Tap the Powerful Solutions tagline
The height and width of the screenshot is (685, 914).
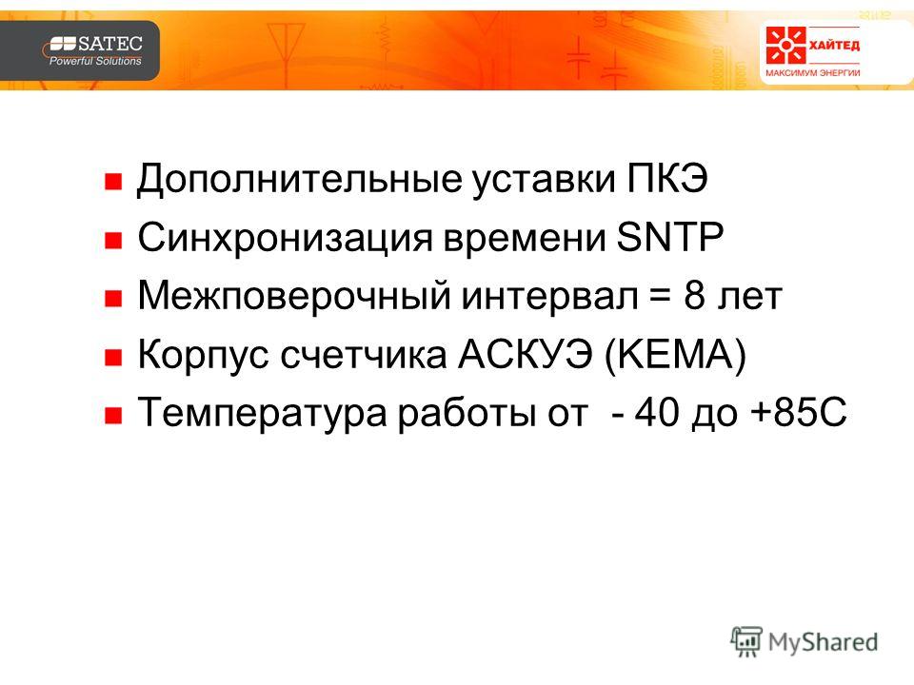tap(95, 61)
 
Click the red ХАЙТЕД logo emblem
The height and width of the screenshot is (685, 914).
tap(785, 45)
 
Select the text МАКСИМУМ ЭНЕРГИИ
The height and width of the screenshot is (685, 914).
tap(812, 73)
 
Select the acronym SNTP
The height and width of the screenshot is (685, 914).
tap(669, 237)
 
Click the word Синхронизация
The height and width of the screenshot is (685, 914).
tap(285, 238)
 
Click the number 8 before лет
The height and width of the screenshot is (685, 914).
tap(694, 295)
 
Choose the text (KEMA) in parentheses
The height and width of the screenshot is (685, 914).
tap(676, 355)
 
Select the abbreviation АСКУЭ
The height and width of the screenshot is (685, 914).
tap(526, 354)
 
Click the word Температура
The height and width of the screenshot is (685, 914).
tap(263, 413)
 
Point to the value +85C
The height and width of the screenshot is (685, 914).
tap(799, 412)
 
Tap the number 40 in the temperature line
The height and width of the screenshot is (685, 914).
tap(657, 412)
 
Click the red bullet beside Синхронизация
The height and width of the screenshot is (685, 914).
tap(112, 240)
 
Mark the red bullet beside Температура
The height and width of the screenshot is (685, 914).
tap(112, 416)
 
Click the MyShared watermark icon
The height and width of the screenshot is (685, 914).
tap(746, 642)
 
